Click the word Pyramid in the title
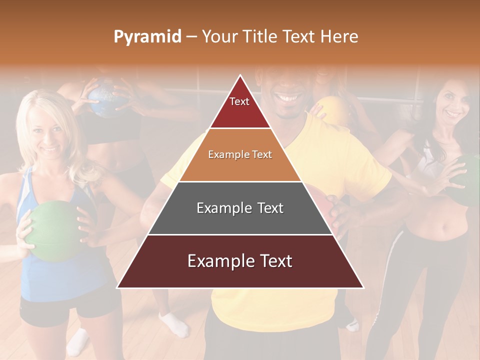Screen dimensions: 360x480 [x=147, y=36]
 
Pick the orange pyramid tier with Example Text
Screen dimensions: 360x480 [x=240, y=155]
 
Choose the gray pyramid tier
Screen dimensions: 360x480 [x=240, y=208]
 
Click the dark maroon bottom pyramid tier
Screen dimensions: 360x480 [x=240, y=261]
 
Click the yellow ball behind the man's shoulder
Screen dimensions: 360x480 [x=332, y=110]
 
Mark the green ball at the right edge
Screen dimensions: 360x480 [x=470, y=180]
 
